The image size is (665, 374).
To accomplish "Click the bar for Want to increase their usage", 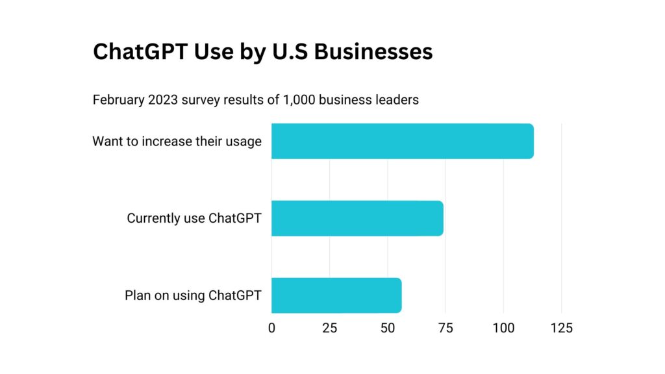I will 402,141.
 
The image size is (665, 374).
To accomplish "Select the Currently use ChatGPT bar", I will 357,218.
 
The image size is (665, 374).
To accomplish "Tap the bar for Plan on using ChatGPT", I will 336,295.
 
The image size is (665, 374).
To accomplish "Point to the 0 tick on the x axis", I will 271,328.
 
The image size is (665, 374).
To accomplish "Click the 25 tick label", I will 329,328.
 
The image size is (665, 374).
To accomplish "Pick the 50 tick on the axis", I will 388,328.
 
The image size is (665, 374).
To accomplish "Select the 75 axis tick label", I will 445,328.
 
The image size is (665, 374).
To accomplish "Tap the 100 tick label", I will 504,328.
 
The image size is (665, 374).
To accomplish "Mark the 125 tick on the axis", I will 562,328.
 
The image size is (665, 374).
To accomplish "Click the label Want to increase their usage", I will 177,141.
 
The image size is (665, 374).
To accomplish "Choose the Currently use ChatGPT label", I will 194,218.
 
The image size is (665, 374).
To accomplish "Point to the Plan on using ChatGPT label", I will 193,295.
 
